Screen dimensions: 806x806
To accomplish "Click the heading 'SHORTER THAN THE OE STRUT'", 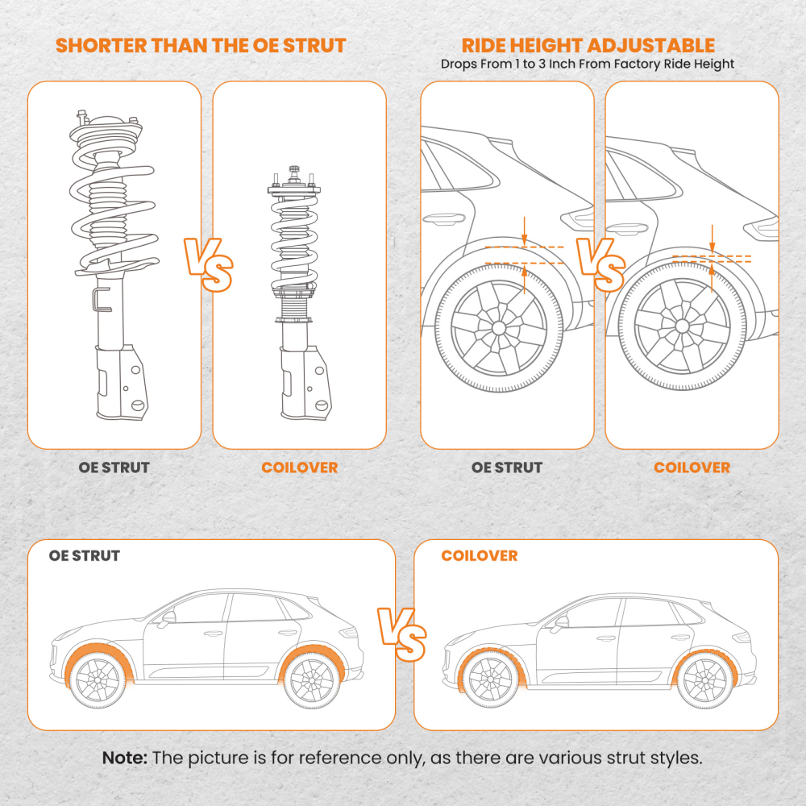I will tap(201, 44).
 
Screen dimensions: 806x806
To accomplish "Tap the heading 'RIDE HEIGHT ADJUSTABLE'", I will tap(588, 44).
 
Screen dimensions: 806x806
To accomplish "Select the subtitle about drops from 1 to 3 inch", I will tap(588, 64).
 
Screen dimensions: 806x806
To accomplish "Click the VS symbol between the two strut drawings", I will tap(206, 264).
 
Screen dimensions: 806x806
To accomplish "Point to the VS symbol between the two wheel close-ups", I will tap(600, 264).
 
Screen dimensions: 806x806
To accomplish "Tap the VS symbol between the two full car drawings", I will tap(403, 631).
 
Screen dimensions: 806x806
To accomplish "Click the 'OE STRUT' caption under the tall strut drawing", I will tap(114, 467).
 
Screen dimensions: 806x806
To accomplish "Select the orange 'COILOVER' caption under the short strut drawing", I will tap(299, 467).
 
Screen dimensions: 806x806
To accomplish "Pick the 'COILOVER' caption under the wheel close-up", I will tap(692, 467).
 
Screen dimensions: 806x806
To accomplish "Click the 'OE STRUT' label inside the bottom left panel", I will tap(84, 556).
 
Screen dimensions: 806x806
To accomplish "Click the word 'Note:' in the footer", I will tap(125, 758).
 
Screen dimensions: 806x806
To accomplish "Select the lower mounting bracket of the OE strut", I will tap(118, 383).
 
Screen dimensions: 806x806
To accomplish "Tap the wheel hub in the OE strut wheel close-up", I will tap(498, 328).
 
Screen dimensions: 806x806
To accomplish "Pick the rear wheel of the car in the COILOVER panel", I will tap(704, 679).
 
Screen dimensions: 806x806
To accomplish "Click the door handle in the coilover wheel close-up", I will tap(625, 218).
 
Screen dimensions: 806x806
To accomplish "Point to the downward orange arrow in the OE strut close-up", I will tap(524, 230).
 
